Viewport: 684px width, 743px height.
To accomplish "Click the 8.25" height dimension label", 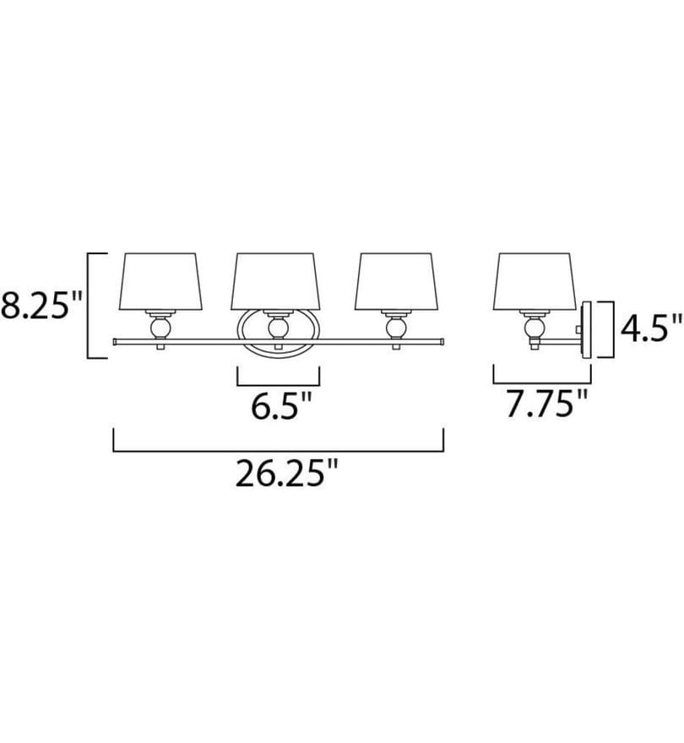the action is point(41,305).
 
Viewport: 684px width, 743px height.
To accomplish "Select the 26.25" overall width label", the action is point(287,473).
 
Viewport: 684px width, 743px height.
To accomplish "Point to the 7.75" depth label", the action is point(546,404).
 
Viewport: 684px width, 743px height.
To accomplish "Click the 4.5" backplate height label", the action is point(651,328).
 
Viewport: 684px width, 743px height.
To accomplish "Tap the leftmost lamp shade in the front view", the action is point(160,282).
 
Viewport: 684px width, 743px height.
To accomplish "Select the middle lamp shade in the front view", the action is point(276,281).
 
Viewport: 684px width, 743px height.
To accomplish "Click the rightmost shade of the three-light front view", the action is point(397,282).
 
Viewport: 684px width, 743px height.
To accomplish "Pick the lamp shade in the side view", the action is point(535,282).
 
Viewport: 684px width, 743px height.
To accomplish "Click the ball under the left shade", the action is point(160,328).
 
